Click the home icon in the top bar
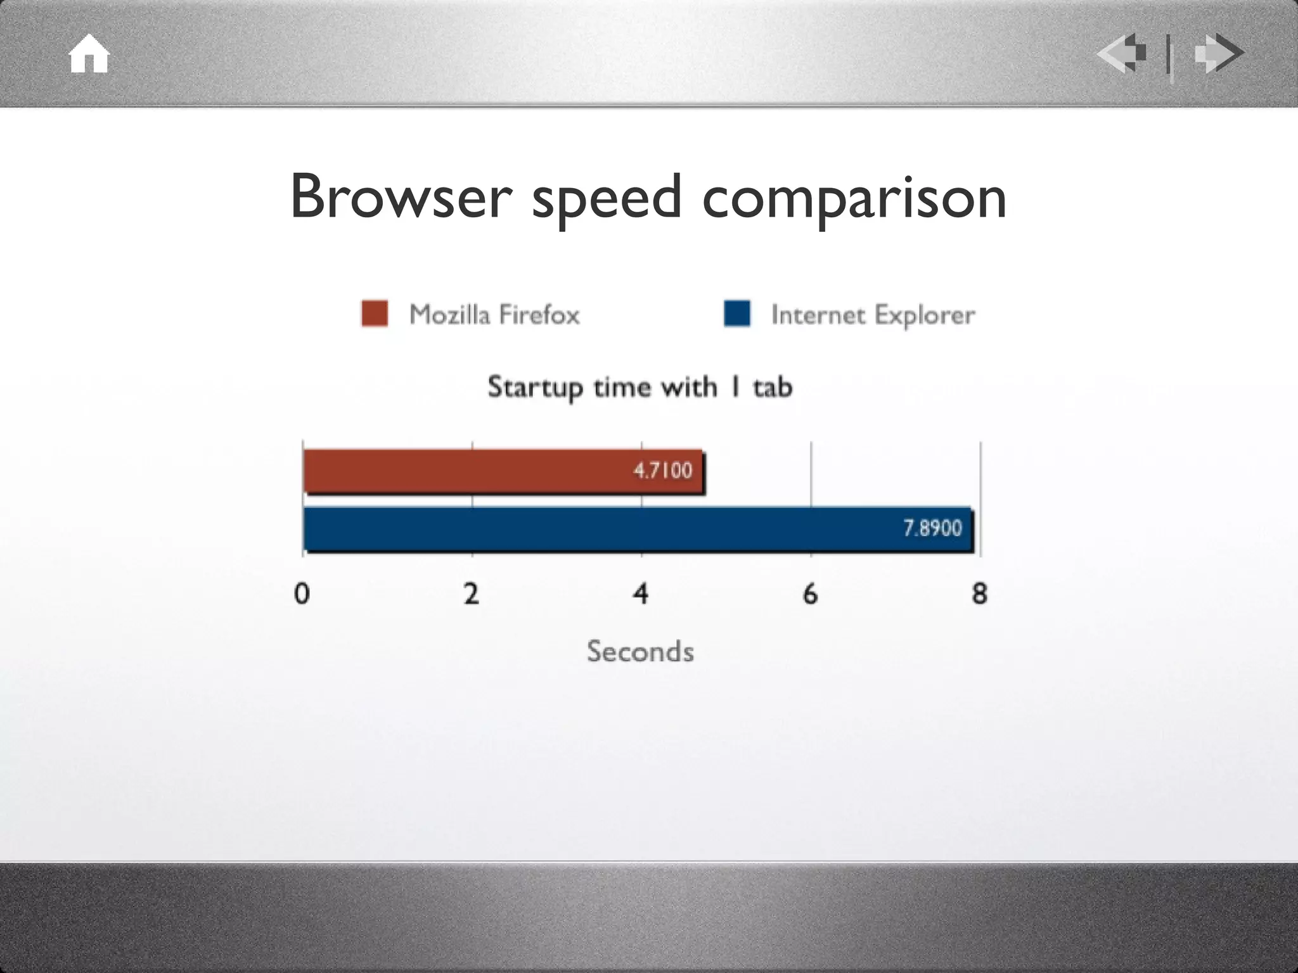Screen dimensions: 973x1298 click(89, 54)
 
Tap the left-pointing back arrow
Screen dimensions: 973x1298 click(1122, 53)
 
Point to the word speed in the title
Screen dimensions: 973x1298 click(607, 200)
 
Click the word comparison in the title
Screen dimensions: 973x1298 click(854, 200)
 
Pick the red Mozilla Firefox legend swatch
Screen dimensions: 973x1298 click(375, 314)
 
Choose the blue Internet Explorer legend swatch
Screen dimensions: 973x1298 click(737, 314)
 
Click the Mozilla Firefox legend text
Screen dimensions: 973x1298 click(494, 315)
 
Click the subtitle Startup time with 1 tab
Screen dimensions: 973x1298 click(640, 387)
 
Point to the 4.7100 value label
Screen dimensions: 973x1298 click(662, 471)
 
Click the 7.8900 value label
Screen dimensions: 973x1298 click(932, 528)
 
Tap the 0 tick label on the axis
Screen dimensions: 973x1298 click(302, 594)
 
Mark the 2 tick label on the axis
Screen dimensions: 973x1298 click(471, 594)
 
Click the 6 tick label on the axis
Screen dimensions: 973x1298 click(810, 594)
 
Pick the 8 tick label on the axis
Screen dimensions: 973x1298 click(980, 594)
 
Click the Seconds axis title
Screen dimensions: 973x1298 click(640, 651)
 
